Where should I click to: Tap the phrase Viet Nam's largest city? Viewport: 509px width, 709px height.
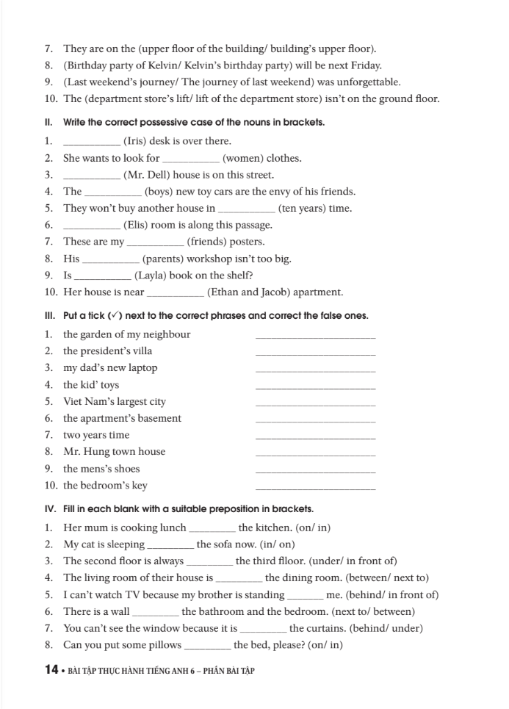pyautogui.click(x=115, y=402)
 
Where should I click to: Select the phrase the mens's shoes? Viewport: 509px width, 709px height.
pyautogui.click(x=101, y=469)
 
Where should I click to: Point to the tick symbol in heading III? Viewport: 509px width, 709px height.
pyautogui.click(x=114, y=316)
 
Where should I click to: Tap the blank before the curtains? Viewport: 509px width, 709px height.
pyautogui.click(x=264, y=630)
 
